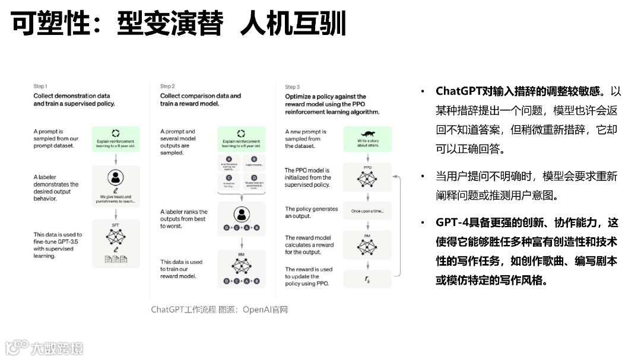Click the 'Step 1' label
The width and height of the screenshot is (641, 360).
40,87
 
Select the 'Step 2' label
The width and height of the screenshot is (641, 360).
167,87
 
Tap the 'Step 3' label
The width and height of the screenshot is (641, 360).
292,87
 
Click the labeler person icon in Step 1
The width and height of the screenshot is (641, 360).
116,178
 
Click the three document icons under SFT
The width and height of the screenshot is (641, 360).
116,259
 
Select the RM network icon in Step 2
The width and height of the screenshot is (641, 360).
241,265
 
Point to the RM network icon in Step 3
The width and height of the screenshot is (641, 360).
367,244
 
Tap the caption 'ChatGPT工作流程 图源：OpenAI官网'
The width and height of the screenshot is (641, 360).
219,310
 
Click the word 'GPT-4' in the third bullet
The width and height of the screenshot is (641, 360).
452,223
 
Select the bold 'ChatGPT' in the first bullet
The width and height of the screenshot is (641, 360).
458,91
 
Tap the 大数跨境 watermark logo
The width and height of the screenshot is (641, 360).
45,348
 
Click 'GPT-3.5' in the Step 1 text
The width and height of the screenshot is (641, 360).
70,242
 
